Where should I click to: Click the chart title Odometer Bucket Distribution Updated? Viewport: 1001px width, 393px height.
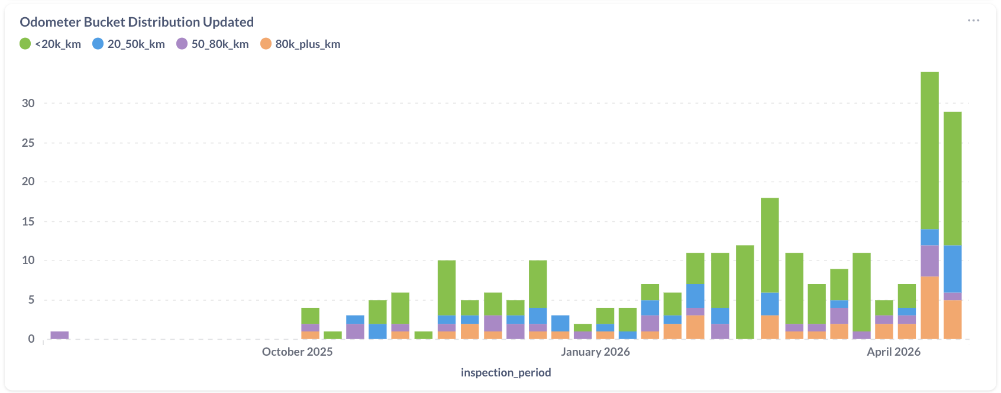137,22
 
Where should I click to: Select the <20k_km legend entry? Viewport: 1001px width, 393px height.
50,44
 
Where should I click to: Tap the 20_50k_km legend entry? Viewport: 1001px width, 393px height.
128,44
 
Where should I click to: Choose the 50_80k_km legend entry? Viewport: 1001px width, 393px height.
212,44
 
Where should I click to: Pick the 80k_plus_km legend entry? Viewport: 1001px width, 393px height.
301,44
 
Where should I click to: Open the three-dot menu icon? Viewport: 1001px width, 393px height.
973,21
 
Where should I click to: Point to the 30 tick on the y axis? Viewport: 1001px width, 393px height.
28,103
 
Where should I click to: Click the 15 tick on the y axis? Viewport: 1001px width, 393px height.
28,221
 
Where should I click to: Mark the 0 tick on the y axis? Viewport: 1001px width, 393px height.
31,339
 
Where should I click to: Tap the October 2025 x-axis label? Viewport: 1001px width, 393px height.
297,352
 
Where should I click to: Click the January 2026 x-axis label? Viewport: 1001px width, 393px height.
595,352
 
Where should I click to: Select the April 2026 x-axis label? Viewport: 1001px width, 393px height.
893,352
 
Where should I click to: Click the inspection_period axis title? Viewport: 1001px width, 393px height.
506,372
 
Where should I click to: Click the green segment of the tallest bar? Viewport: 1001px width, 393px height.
929,151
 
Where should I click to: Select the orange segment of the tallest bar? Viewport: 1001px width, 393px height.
929,308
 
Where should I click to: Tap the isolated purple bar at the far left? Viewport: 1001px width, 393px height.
60,335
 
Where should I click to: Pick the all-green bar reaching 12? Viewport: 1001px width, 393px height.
745,292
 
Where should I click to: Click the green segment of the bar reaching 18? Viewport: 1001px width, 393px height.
770,246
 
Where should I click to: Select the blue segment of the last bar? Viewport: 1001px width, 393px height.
952,269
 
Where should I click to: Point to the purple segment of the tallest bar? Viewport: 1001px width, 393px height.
929,261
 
